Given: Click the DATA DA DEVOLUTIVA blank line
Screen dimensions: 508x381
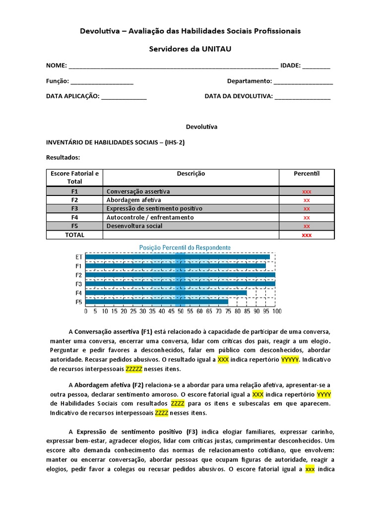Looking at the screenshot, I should coord(302,97).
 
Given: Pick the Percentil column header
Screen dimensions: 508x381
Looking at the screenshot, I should coord(307,174).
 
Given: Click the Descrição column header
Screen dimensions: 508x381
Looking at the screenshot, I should coord(191,174).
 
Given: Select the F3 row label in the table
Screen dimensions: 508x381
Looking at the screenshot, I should coord(74,208).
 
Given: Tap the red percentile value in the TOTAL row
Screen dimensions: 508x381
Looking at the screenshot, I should coord(307,235).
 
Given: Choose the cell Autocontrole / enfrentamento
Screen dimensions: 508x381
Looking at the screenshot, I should coord(150,217).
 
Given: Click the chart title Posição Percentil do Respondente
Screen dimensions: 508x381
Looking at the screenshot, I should coord(185,247).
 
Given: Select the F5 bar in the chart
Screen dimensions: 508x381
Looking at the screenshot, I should coord(157,302).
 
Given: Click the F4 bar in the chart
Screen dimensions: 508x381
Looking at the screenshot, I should coord(166,293).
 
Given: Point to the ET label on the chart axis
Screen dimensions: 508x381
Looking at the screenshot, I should coord(79,257).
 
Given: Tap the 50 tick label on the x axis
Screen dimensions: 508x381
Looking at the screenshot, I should coord(180,312).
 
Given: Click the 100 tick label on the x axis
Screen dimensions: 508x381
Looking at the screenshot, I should coord(276,312).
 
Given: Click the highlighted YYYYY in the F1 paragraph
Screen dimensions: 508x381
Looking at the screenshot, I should coord(290,360).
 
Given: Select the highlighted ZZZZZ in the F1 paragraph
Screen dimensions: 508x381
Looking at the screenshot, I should coord(134,369).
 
